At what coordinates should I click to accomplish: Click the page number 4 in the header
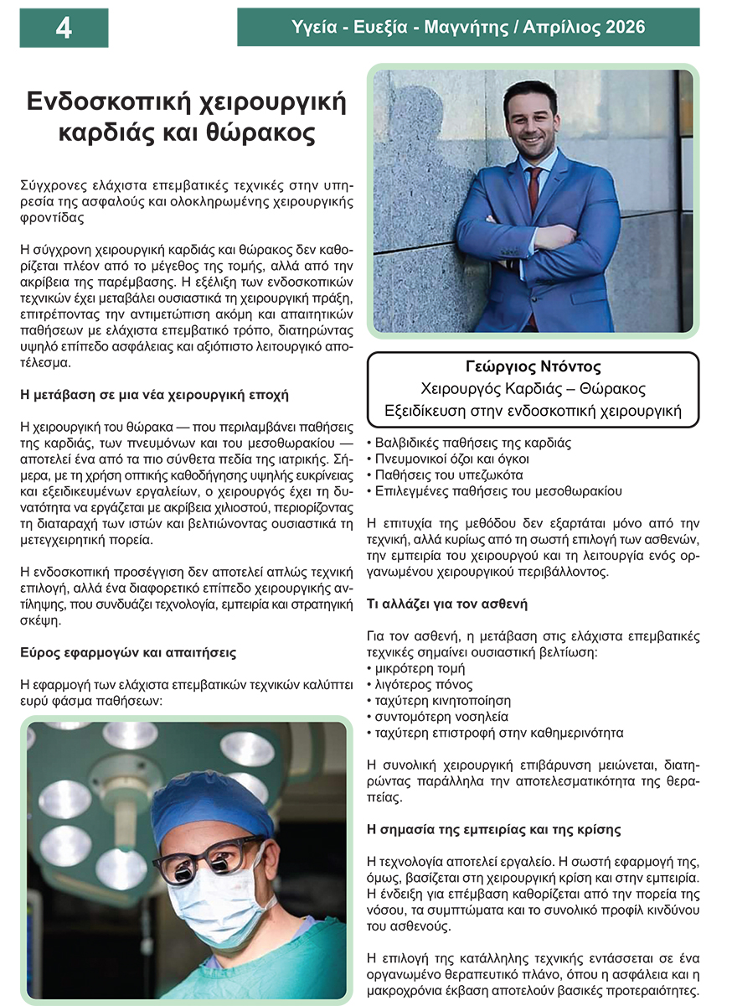pos(64,29)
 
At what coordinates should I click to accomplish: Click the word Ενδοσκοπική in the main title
pos(104,101)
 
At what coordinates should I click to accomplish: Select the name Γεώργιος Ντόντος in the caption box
pos(533,367)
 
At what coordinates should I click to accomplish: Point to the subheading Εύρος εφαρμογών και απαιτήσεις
pos(127,651)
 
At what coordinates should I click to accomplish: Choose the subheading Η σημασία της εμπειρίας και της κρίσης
pos(494,830)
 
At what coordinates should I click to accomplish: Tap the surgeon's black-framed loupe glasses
pos(205,858)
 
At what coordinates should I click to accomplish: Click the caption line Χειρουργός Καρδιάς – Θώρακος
pos(533,389)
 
